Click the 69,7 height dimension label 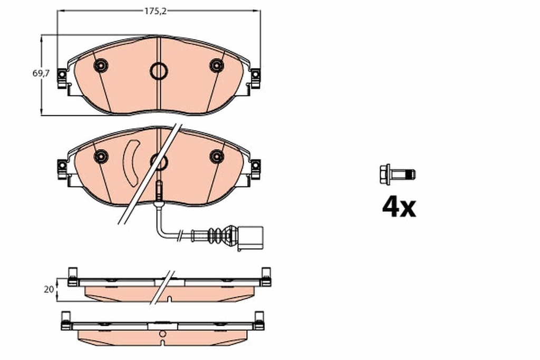coord(41,74)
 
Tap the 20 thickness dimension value coord(49,289)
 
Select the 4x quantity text coord(399,207)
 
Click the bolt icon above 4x coord(397,174)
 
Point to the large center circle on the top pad coord(158,70)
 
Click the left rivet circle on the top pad coord(100,65)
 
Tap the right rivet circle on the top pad coord(217,65)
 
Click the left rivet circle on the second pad coord(100,156)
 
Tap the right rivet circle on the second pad coord(217,156)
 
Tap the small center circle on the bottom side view coord(163,333)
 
